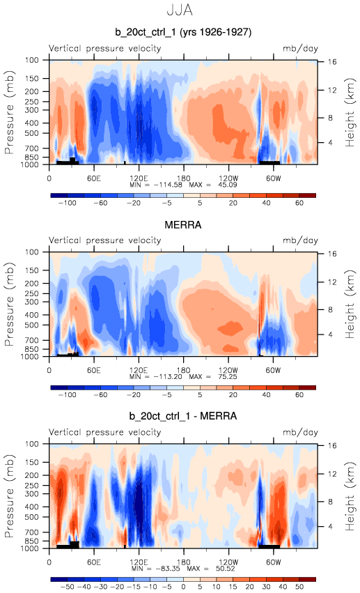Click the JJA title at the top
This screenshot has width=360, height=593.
[180, 10]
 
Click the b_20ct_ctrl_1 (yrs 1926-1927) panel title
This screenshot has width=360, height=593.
[183, 32]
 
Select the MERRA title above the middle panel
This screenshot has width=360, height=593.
[183, 225]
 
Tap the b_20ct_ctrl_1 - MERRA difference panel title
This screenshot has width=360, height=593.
[183, 416]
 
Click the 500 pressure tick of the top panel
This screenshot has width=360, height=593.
[31, 133]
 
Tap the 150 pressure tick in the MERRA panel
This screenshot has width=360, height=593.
[31, 270]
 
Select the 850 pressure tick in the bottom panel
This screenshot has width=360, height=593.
[31, 541]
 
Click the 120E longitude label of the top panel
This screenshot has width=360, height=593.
[139, 178]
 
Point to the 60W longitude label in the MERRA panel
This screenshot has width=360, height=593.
[273, 370]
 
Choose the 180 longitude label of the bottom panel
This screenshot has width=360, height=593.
[184, 562]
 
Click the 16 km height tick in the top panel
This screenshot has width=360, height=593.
[331, 61]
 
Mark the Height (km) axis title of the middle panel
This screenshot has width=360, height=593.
[350, 304]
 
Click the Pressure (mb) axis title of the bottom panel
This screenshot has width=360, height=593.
[9, 496]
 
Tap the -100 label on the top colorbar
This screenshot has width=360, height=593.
[68, 203]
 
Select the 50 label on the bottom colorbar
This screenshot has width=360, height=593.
[299, 587]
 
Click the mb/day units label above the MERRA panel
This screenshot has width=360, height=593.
[300, 240]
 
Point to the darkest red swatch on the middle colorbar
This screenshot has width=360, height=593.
[307, 387]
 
